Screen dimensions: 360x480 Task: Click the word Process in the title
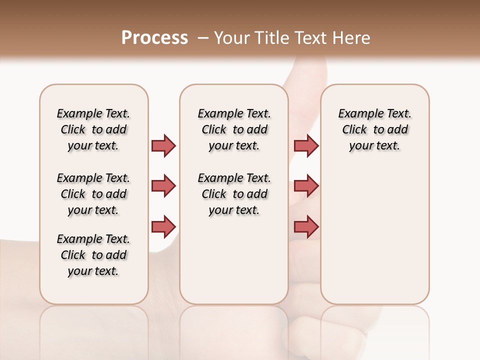click(x=154, y=37)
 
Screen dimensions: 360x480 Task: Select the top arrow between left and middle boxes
click(x=163, y=145)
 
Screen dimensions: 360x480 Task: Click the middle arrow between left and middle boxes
click(x=163, y=186)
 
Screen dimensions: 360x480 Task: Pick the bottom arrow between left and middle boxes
click(x=163, y=226)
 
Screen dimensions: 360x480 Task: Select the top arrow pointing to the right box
click(x=305, y=145)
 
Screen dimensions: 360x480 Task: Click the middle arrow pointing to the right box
click(x=305, y=186)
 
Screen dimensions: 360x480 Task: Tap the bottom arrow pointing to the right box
click(x=305, y=226)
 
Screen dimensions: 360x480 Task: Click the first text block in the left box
click(x=93, y=129)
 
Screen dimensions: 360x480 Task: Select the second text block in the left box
click(x=93, y=194)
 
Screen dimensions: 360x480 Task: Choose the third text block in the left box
click(x=93, y=255)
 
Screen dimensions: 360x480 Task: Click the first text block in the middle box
click(x=234, y=129)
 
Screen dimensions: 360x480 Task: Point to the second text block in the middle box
click(x=234, y=194)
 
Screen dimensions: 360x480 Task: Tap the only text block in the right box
click(x=375, y=129)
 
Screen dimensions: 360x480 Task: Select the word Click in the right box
click(x=354, y=130)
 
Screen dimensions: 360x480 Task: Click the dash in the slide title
click(x=203, y=38)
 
